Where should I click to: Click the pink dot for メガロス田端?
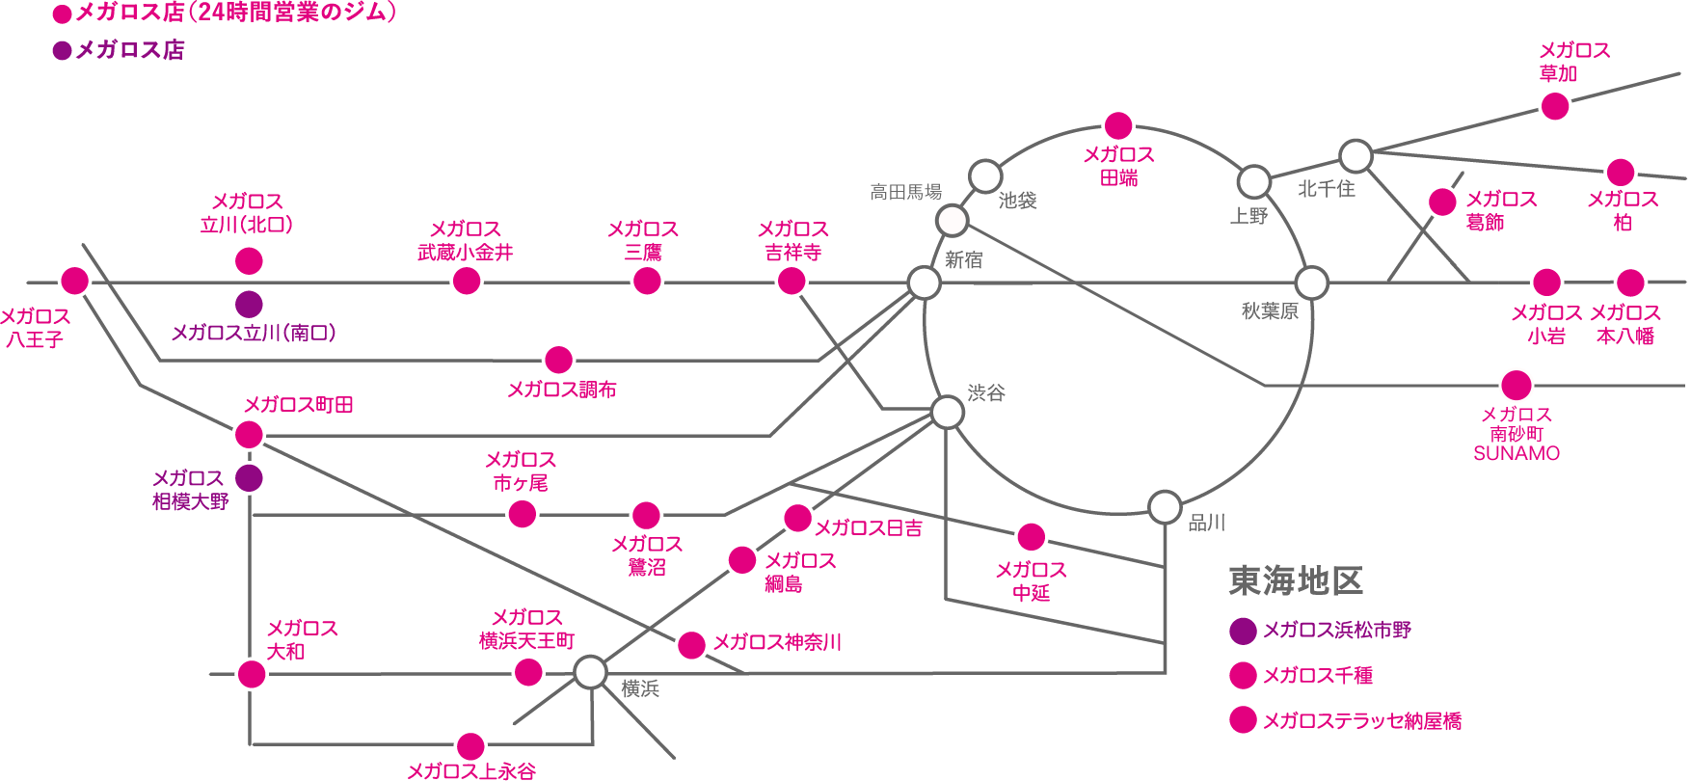[1118, 125]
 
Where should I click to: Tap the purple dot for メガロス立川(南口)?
[249, 304]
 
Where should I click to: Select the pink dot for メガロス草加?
[1555, 106]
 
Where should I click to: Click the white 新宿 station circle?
[924, 283]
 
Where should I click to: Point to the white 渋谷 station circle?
[947, 412]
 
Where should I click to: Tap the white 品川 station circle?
[1165, 507]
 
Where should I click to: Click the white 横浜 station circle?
[590, 672]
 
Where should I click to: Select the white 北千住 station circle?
[1355, 155]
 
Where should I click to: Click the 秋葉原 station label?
[1270, 310]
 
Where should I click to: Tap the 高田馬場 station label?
[906, 192]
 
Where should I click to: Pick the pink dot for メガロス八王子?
[74, 281]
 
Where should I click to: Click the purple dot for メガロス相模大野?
[249, 477]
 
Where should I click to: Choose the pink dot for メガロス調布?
[558, 360]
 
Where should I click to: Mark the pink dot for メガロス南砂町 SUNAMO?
[1517, 385]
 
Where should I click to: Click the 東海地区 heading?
[1296, 580]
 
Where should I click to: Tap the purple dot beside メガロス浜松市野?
[1243, 631]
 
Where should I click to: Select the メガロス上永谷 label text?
[470, 770]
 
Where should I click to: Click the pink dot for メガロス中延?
[1031, 537]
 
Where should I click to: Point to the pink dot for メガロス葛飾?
[1442, 202]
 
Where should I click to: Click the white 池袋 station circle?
[984, 176]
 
